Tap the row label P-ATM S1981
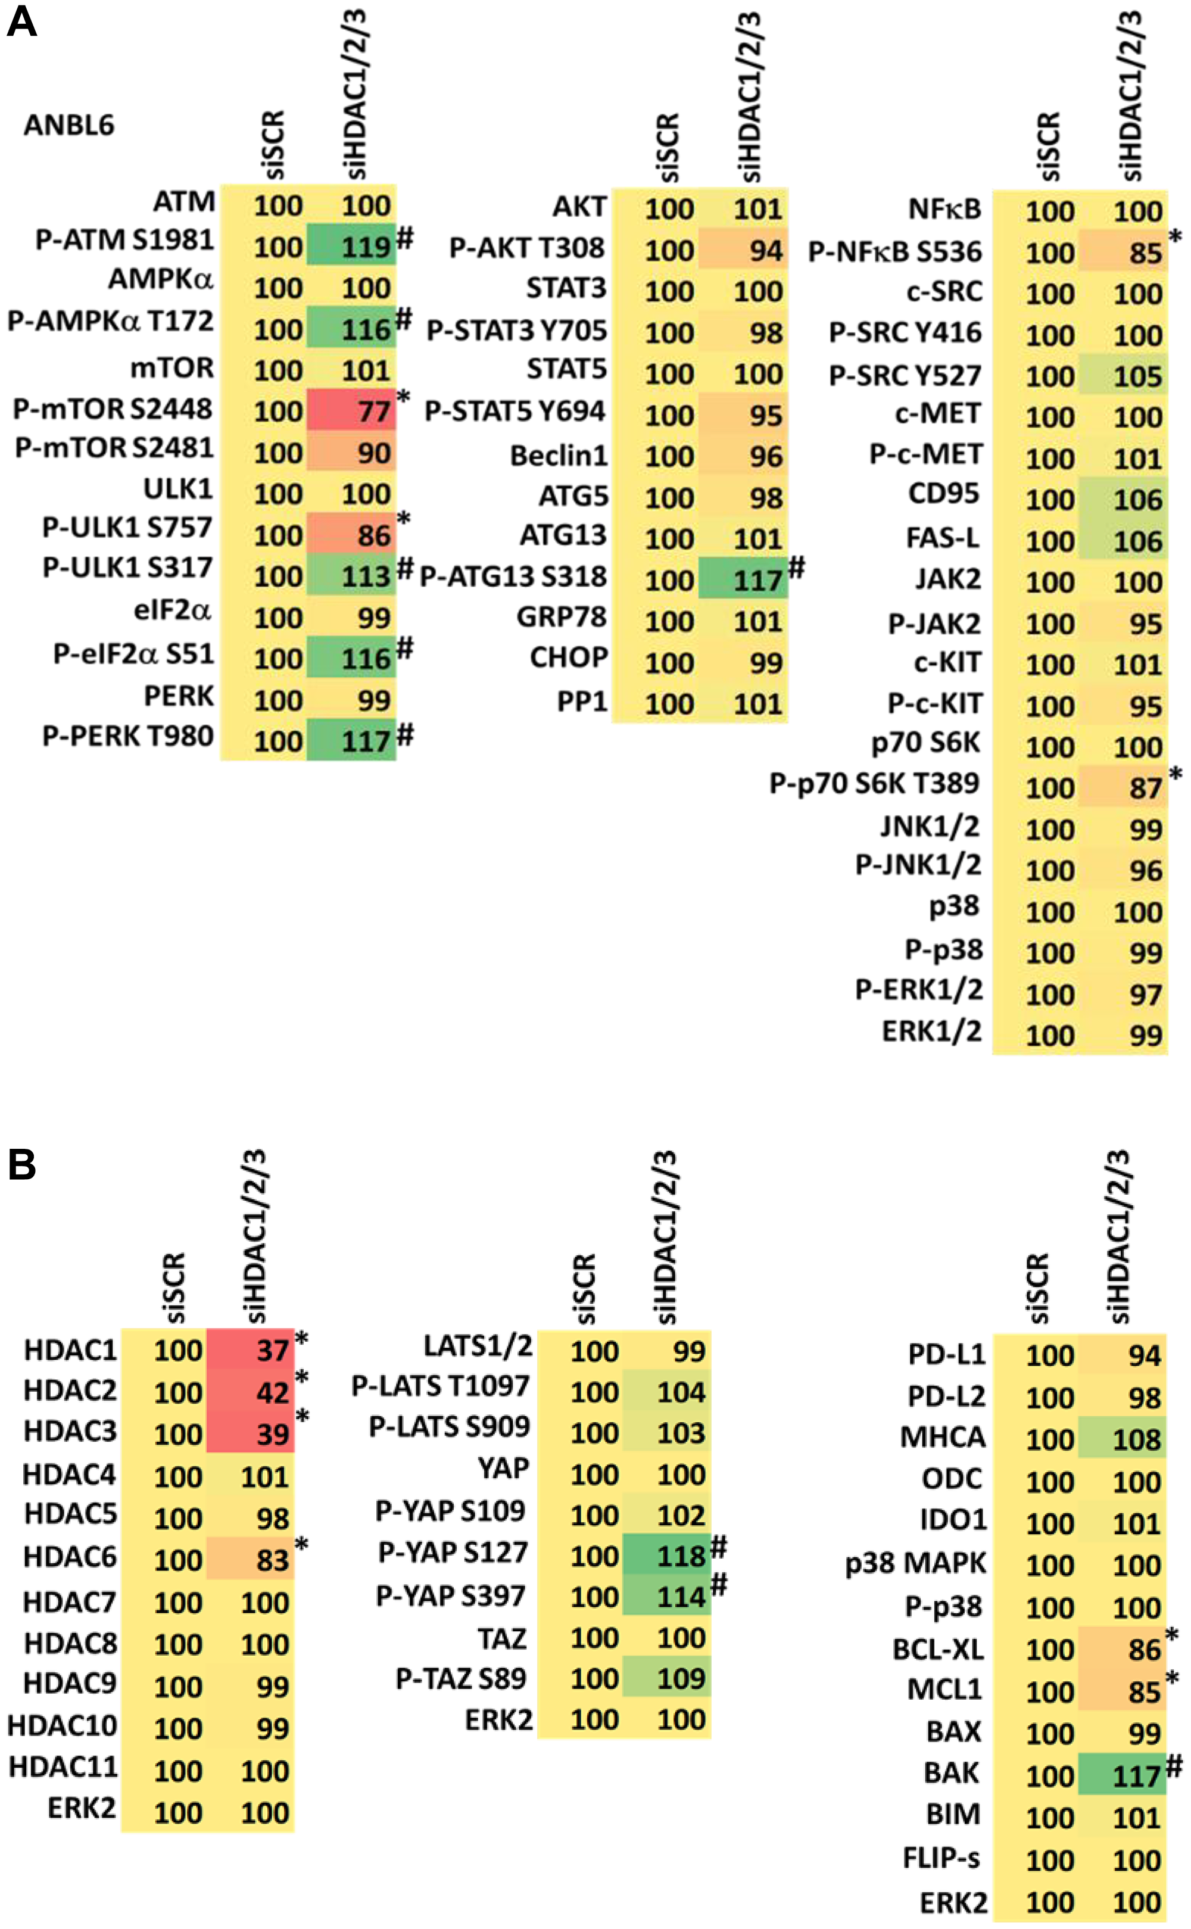[x=124, y=239]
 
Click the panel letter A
[x=21, y=23]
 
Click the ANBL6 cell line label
[x=68, y=125]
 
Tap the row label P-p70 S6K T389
[x=874, y=784]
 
